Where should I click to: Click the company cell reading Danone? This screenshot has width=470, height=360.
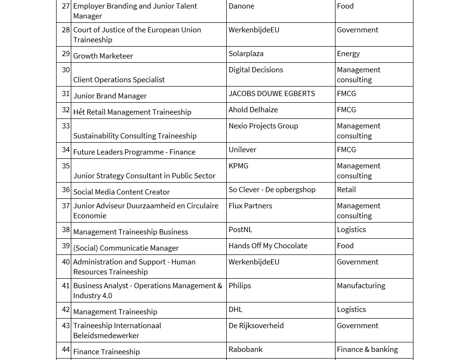[x=241, y=6]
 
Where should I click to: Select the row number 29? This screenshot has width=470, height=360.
[x=66, y=54]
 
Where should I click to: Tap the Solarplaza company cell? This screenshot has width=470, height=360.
[x=246, y=54]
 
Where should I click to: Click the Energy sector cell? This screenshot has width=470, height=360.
[x=348, y=54]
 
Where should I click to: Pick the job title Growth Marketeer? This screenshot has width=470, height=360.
[x=103, y=56]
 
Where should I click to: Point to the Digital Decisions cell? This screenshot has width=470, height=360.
[x=256, y=70]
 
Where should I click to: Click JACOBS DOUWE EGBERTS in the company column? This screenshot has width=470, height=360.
[x=271, y=94]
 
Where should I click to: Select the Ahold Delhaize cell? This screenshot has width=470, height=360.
[x=253, y=110]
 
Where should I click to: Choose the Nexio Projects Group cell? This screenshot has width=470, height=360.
[x=263, y=126]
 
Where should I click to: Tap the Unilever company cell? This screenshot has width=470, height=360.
[x=242, y=150]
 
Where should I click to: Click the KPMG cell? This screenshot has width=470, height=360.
[x=238, y=166]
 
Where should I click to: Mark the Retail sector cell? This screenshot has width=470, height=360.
[x=346, y=190]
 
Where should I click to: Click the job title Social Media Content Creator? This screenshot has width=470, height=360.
[x=121, y=192]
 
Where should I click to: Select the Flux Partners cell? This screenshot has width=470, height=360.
[x=250, y=206]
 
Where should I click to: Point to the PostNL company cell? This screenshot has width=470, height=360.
[x=240, y=230]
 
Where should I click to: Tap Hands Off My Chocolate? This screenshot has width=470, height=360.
[x=268, y=246]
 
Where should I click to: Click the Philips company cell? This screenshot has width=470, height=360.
[x=240, y=286]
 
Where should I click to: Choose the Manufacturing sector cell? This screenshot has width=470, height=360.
[x=361, y=286]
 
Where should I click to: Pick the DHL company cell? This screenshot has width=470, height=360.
[x=235, y=310]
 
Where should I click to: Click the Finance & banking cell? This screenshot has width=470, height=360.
[x=367, y=350]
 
